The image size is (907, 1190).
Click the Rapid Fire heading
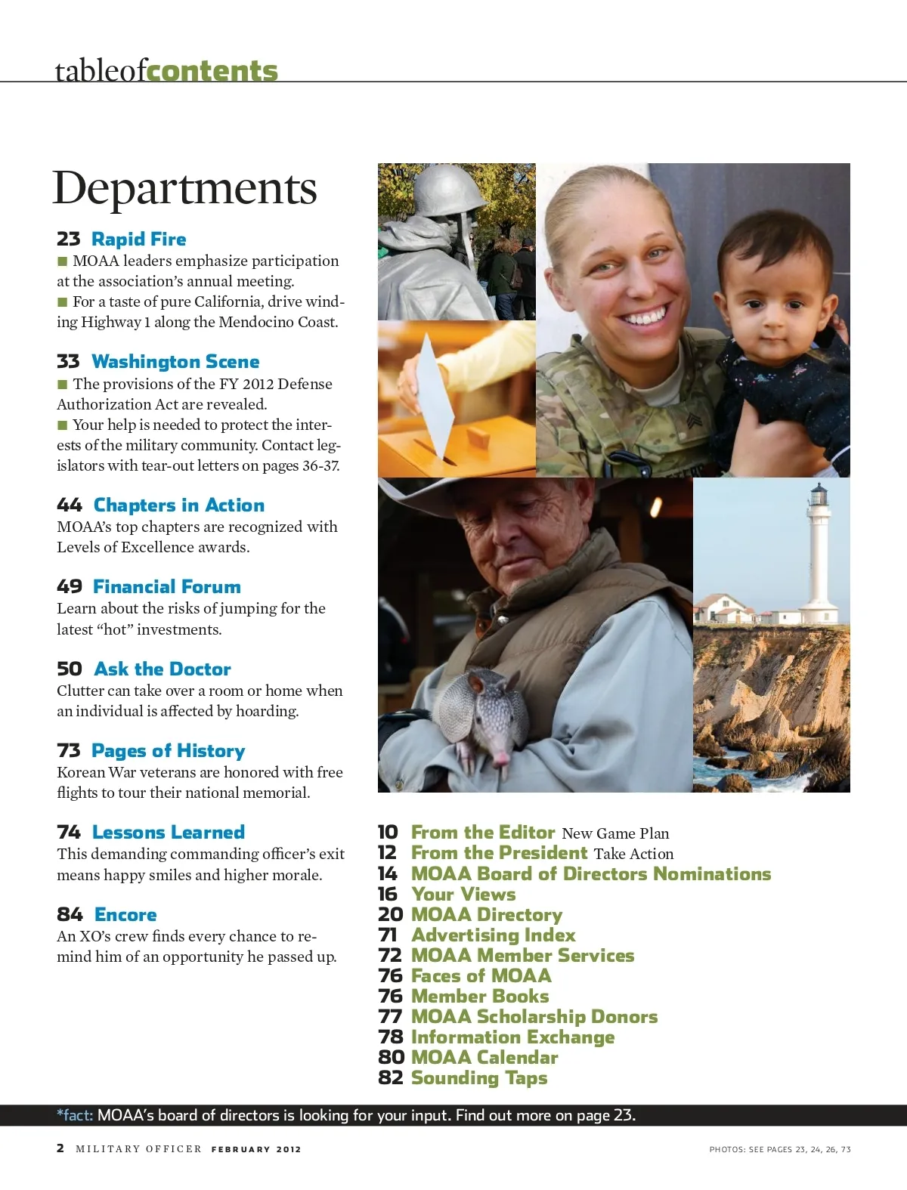(138, 240)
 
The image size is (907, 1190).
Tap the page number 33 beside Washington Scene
(68, 362)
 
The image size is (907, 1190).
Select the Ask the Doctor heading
(163, 669)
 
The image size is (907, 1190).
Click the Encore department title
(125, 915)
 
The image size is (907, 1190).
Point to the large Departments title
(184, 188)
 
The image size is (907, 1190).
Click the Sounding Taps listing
(479, 1078)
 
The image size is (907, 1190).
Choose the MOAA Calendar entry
(484, 1058)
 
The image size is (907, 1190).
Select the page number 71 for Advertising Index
(388, 935)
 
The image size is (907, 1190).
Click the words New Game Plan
(615, 833)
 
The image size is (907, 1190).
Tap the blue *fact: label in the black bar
(75, 1115)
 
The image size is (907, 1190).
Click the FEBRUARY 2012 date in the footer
(256, 1149)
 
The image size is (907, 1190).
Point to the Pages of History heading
(168, 751)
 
